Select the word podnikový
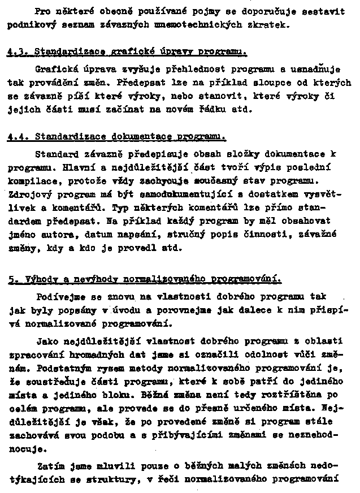(x=29, y=25)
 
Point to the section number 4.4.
(x=18, y=137)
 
